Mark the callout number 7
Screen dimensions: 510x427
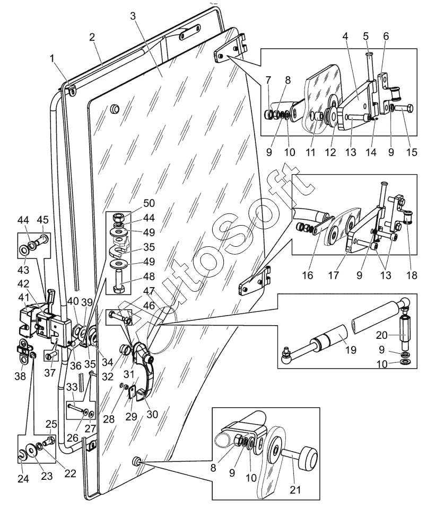(269, 79)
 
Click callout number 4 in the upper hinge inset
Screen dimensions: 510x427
(345, 37)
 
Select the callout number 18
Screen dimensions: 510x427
(413, 276)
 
